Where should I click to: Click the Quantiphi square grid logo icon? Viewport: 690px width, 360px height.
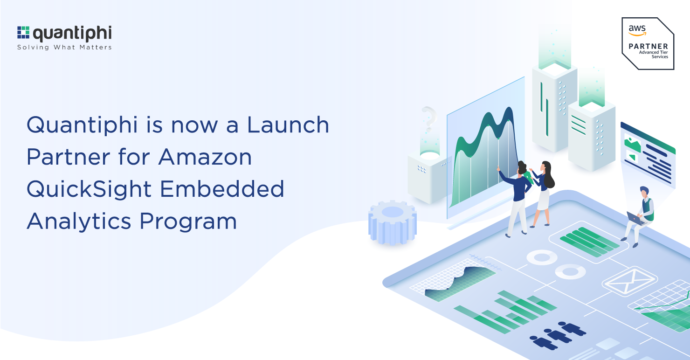click(x=23, y=33)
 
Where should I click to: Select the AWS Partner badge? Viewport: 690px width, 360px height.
click(x=648, y=43)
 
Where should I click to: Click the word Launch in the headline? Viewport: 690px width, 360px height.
click(x=288, y=125)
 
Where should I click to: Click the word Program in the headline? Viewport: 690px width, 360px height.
click(x=188, y=222)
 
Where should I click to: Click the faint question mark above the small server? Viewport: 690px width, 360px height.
click(x=428, y=119)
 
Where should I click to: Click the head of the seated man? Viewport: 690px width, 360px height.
click(x=644, y=191)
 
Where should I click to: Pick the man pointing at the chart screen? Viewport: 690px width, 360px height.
click(x=518, y=196)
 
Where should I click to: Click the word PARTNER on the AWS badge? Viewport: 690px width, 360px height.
click(x=648, y=46)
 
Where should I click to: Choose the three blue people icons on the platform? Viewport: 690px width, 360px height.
click(x=558, y=334)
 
